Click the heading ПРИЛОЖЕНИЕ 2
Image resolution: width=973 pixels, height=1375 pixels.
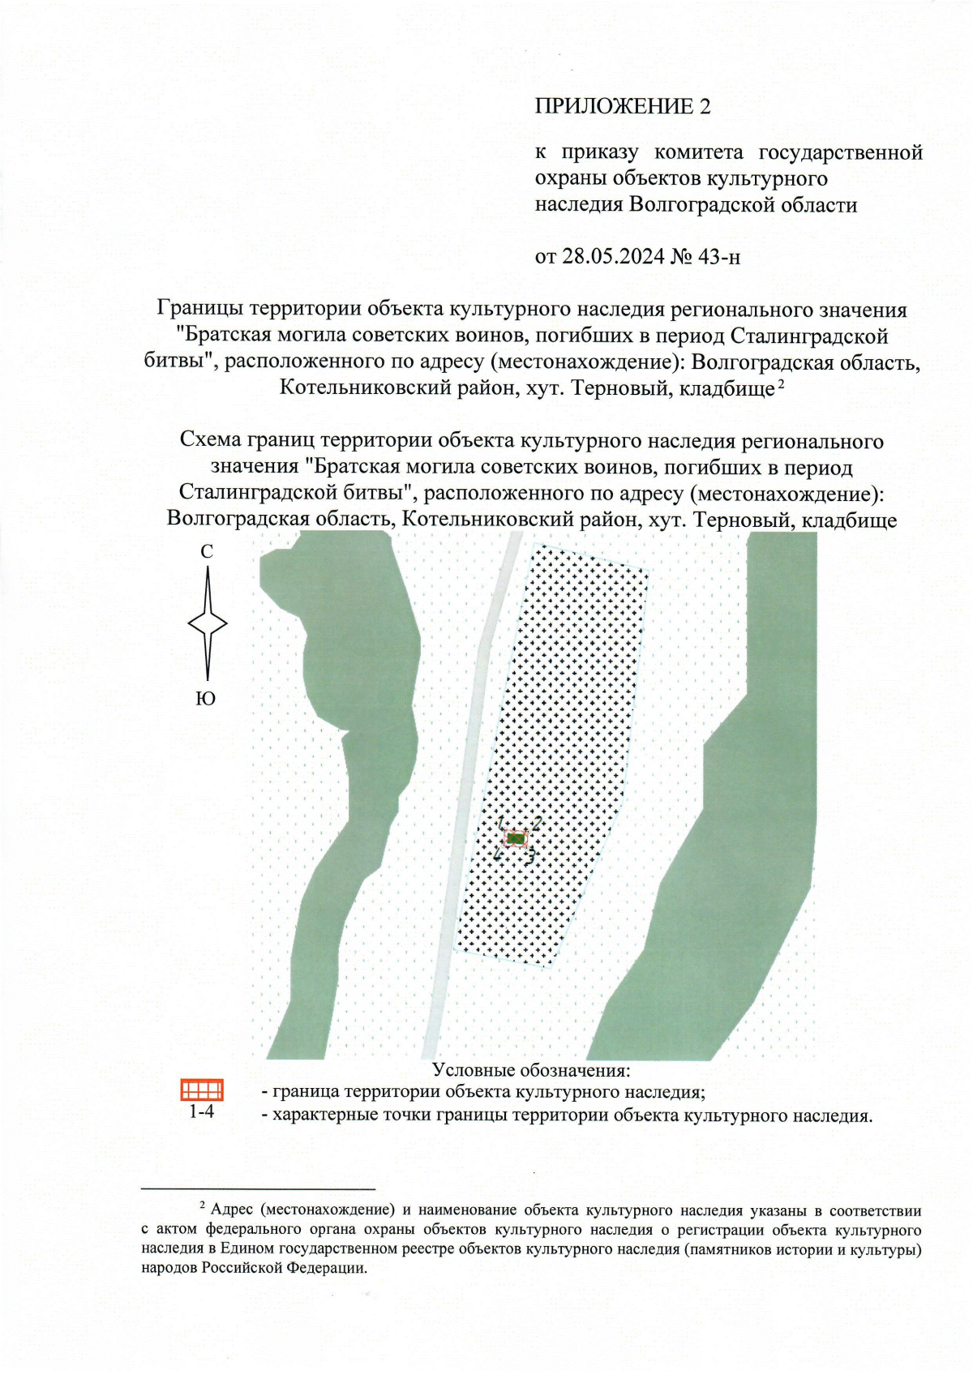[622, 106]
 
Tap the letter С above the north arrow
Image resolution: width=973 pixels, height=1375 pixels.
[207, 551]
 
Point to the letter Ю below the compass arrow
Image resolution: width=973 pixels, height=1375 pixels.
[206, 699]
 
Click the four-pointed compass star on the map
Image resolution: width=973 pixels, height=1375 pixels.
[208, 623]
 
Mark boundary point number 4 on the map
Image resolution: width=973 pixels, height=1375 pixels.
[497, 855]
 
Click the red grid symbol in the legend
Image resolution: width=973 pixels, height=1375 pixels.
[201, 1089]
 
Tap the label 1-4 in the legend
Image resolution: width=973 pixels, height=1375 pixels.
[201, 1112]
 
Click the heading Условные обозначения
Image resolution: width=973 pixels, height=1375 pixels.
[531, 1070]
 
